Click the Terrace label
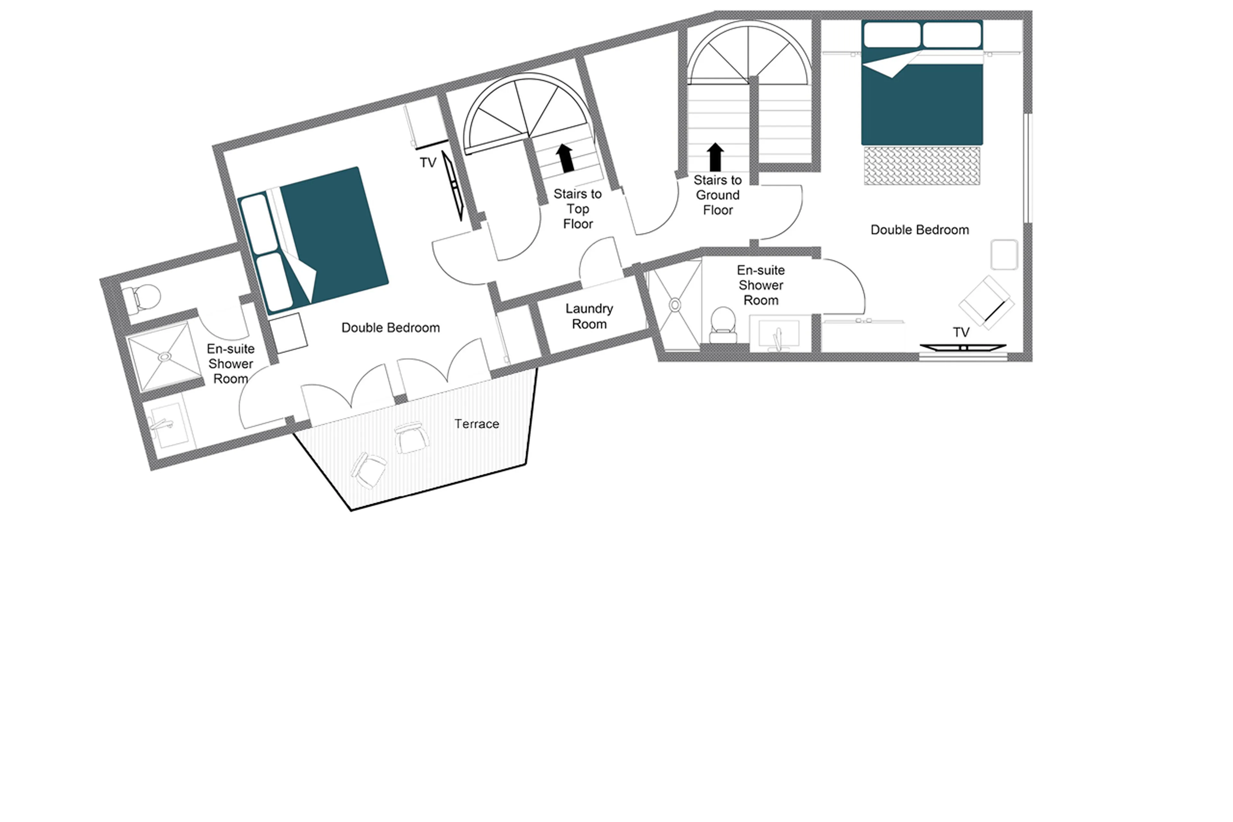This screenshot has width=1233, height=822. (476, 424)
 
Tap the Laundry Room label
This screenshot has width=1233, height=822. (589, 316)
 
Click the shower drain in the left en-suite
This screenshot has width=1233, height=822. (164, 357)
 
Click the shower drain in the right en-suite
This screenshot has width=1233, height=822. (675, 304)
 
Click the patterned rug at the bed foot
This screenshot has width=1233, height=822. (921, 166)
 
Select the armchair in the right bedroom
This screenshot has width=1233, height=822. (986, 303)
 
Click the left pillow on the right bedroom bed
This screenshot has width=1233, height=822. (892, 35)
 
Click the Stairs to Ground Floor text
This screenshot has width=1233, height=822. (717, 195)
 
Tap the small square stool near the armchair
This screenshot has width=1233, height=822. (1003, 255)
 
